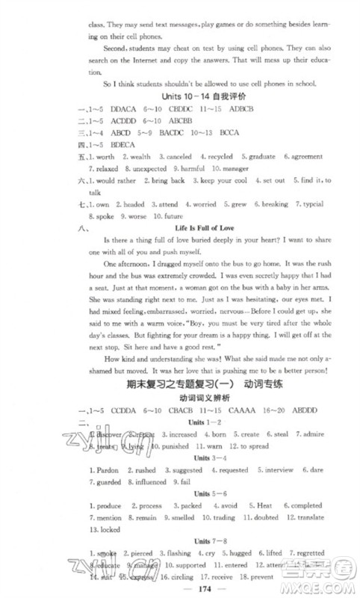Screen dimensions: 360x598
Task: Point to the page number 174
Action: (x=179, y=585)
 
